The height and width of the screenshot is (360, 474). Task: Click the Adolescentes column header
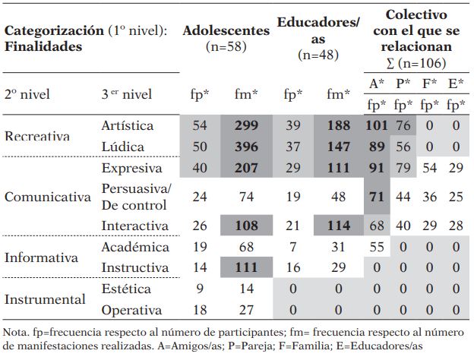pyautogui.click(x=226, y=31)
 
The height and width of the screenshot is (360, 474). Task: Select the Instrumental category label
pyautogui.click(x=45, y=299)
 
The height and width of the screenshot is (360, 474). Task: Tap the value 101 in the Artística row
pyautogui.click(x=377, y=125)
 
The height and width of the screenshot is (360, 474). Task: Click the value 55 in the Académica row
pyautogui.click(x=377, y=247)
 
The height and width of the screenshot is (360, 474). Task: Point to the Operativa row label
pyautogui.click(x=131, y=310)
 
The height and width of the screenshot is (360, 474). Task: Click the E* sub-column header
pyautogui.click(x=456, y=84)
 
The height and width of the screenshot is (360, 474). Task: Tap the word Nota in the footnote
pyautogui.click(x=17, y=332)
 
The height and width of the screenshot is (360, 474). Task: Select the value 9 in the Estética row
pyautogui.click(x=200, y=289)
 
